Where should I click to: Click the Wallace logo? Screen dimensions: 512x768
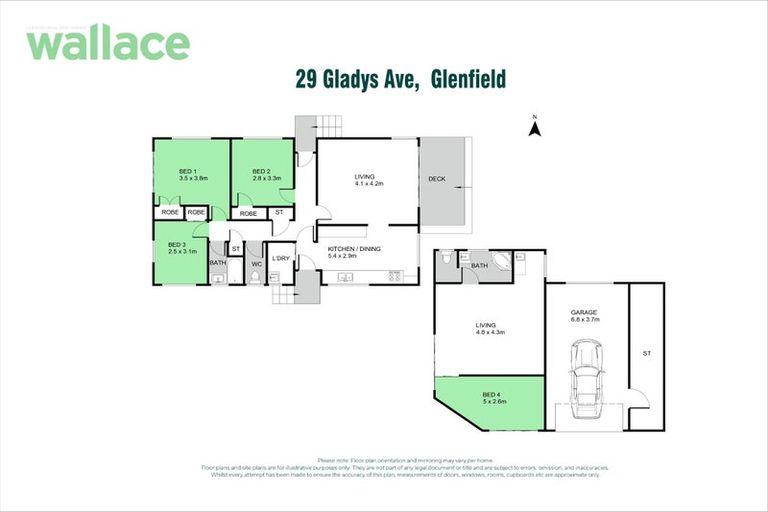[107, 43]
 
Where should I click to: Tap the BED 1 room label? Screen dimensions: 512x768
[187, 171]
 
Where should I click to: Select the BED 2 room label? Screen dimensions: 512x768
[261, 171]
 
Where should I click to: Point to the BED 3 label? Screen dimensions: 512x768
[175, 245]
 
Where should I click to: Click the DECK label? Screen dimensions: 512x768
[436, 180]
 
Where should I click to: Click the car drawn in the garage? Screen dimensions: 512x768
[585, 380]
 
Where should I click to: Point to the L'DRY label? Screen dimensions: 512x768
[280, 259]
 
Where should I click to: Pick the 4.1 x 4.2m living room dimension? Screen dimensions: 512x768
[369, 185]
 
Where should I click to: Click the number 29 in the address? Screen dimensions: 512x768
[308, 78]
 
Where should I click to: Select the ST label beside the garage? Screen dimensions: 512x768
[646, 353]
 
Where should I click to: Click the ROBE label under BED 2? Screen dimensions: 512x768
[248, 213]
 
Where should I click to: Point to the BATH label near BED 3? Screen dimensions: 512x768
[217, 263]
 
